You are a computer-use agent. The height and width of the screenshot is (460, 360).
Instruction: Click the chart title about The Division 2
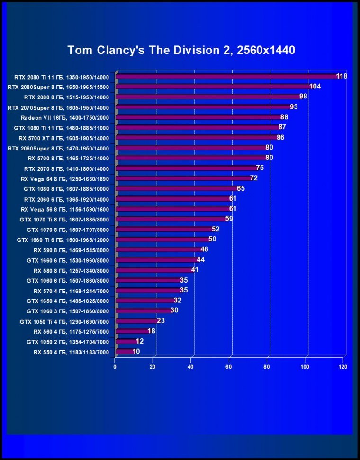pos(181,50)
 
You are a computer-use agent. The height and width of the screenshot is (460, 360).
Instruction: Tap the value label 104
pos(315,87)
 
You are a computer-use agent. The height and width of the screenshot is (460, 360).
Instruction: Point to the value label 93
pos(294,107)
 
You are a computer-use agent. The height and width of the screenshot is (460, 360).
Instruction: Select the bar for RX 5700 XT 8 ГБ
pos(196,138)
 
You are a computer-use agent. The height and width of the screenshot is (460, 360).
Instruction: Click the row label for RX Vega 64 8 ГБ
pos(65,179)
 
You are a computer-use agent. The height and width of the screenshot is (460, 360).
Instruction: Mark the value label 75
pos(260,168)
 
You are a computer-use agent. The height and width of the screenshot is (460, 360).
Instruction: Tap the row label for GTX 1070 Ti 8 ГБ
pos(64,220)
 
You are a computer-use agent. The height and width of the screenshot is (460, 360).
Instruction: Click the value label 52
pos(216,229)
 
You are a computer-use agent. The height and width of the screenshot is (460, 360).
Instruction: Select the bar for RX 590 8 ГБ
pos(158,249)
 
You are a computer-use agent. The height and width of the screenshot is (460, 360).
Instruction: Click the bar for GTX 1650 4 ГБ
pos(145,301)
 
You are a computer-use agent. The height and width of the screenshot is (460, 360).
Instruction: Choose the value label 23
pos(161,321)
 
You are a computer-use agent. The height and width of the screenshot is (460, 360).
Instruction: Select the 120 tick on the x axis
pos(343,367)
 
